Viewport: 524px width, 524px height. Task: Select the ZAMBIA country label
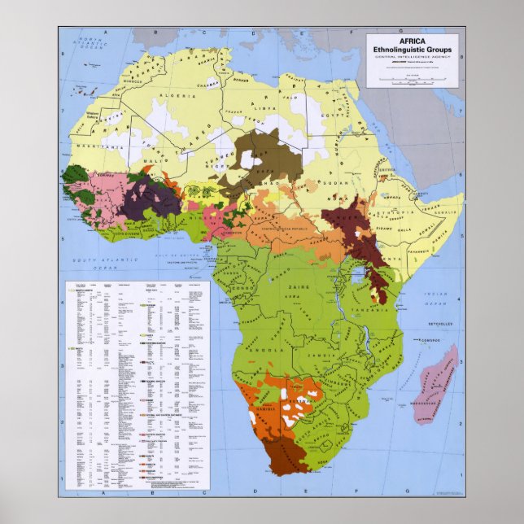click(336, 356)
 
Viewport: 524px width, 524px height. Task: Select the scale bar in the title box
click(412, 79)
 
